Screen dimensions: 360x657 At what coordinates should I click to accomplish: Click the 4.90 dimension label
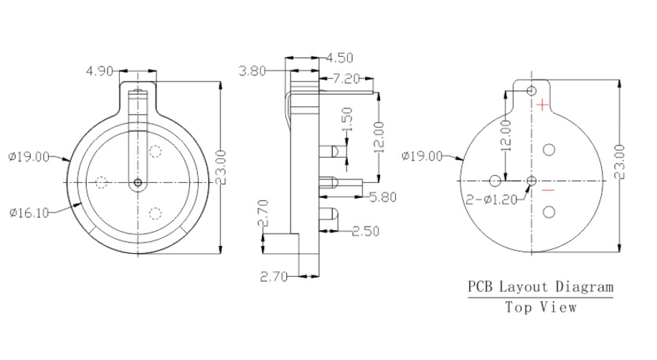[x=100, y=71]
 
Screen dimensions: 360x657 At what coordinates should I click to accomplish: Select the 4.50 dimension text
[x=341, y=57]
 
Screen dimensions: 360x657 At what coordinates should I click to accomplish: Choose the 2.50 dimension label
[x=367, y=231]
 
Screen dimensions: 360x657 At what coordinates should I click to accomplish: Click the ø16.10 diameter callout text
[x=29, y=212]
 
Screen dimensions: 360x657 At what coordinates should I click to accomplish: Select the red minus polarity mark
[x=548, y=191]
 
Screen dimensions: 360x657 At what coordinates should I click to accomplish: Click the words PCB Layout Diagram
[x=541, y=288]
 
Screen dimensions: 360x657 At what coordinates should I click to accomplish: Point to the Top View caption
[x=541, y=307]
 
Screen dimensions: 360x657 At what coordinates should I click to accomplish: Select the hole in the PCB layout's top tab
[x=531, y=90]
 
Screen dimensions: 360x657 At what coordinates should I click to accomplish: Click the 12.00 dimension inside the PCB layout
[x=506, y=134]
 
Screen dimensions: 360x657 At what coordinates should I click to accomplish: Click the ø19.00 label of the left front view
[x=29, y=157]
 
